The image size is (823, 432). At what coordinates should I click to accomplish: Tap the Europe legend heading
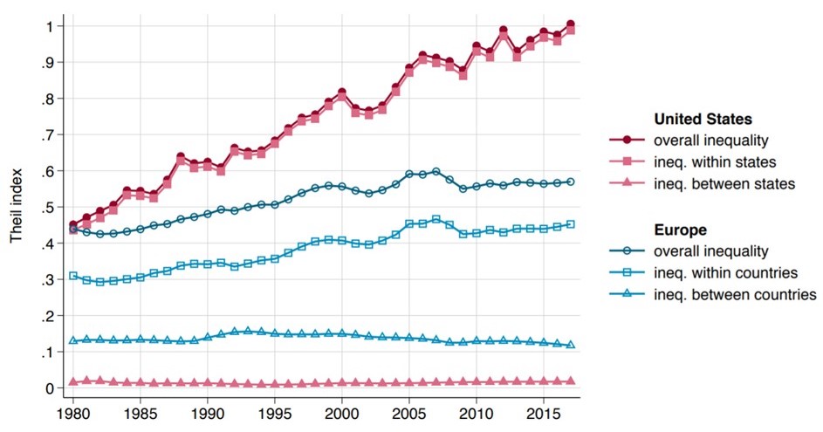click(681, 230)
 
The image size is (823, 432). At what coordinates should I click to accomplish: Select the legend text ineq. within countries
click(729, 272)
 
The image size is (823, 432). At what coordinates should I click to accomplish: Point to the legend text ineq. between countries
click(735, 294)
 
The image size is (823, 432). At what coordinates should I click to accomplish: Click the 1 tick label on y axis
click(54, 25)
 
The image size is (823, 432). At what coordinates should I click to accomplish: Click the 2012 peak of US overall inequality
click(504, 31)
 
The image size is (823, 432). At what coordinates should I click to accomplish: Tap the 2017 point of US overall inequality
click(571, 24)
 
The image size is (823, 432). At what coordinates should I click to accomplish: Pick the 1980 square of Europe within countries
click(73, 276)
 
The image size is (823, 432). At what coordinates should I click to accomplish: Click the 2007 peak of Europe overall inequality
click(436, 171)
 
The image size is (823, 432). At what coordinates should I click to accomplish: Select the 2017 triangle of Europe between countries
click(571, 345)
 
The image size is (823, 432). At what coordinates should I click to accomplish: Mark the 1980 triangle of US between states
click(73, 381)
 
